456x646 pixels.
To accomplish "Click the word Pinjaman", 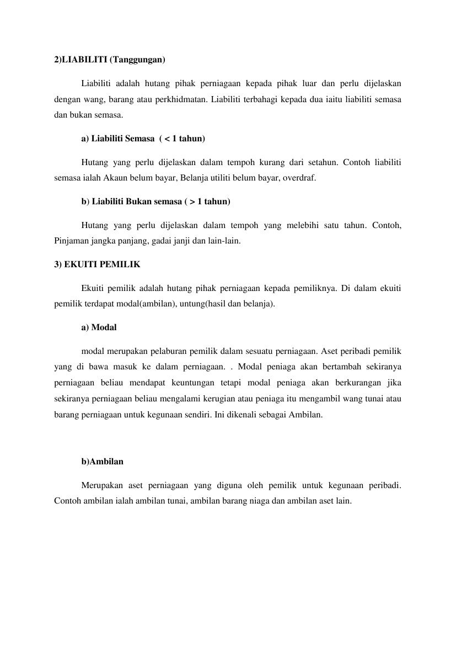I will click(x=71, y=241).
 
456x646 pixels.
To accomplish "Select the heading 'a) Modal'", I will click(x=99, y=327).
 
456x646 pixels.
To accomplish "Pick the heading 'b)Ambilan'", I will click(x=102, y=462).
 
